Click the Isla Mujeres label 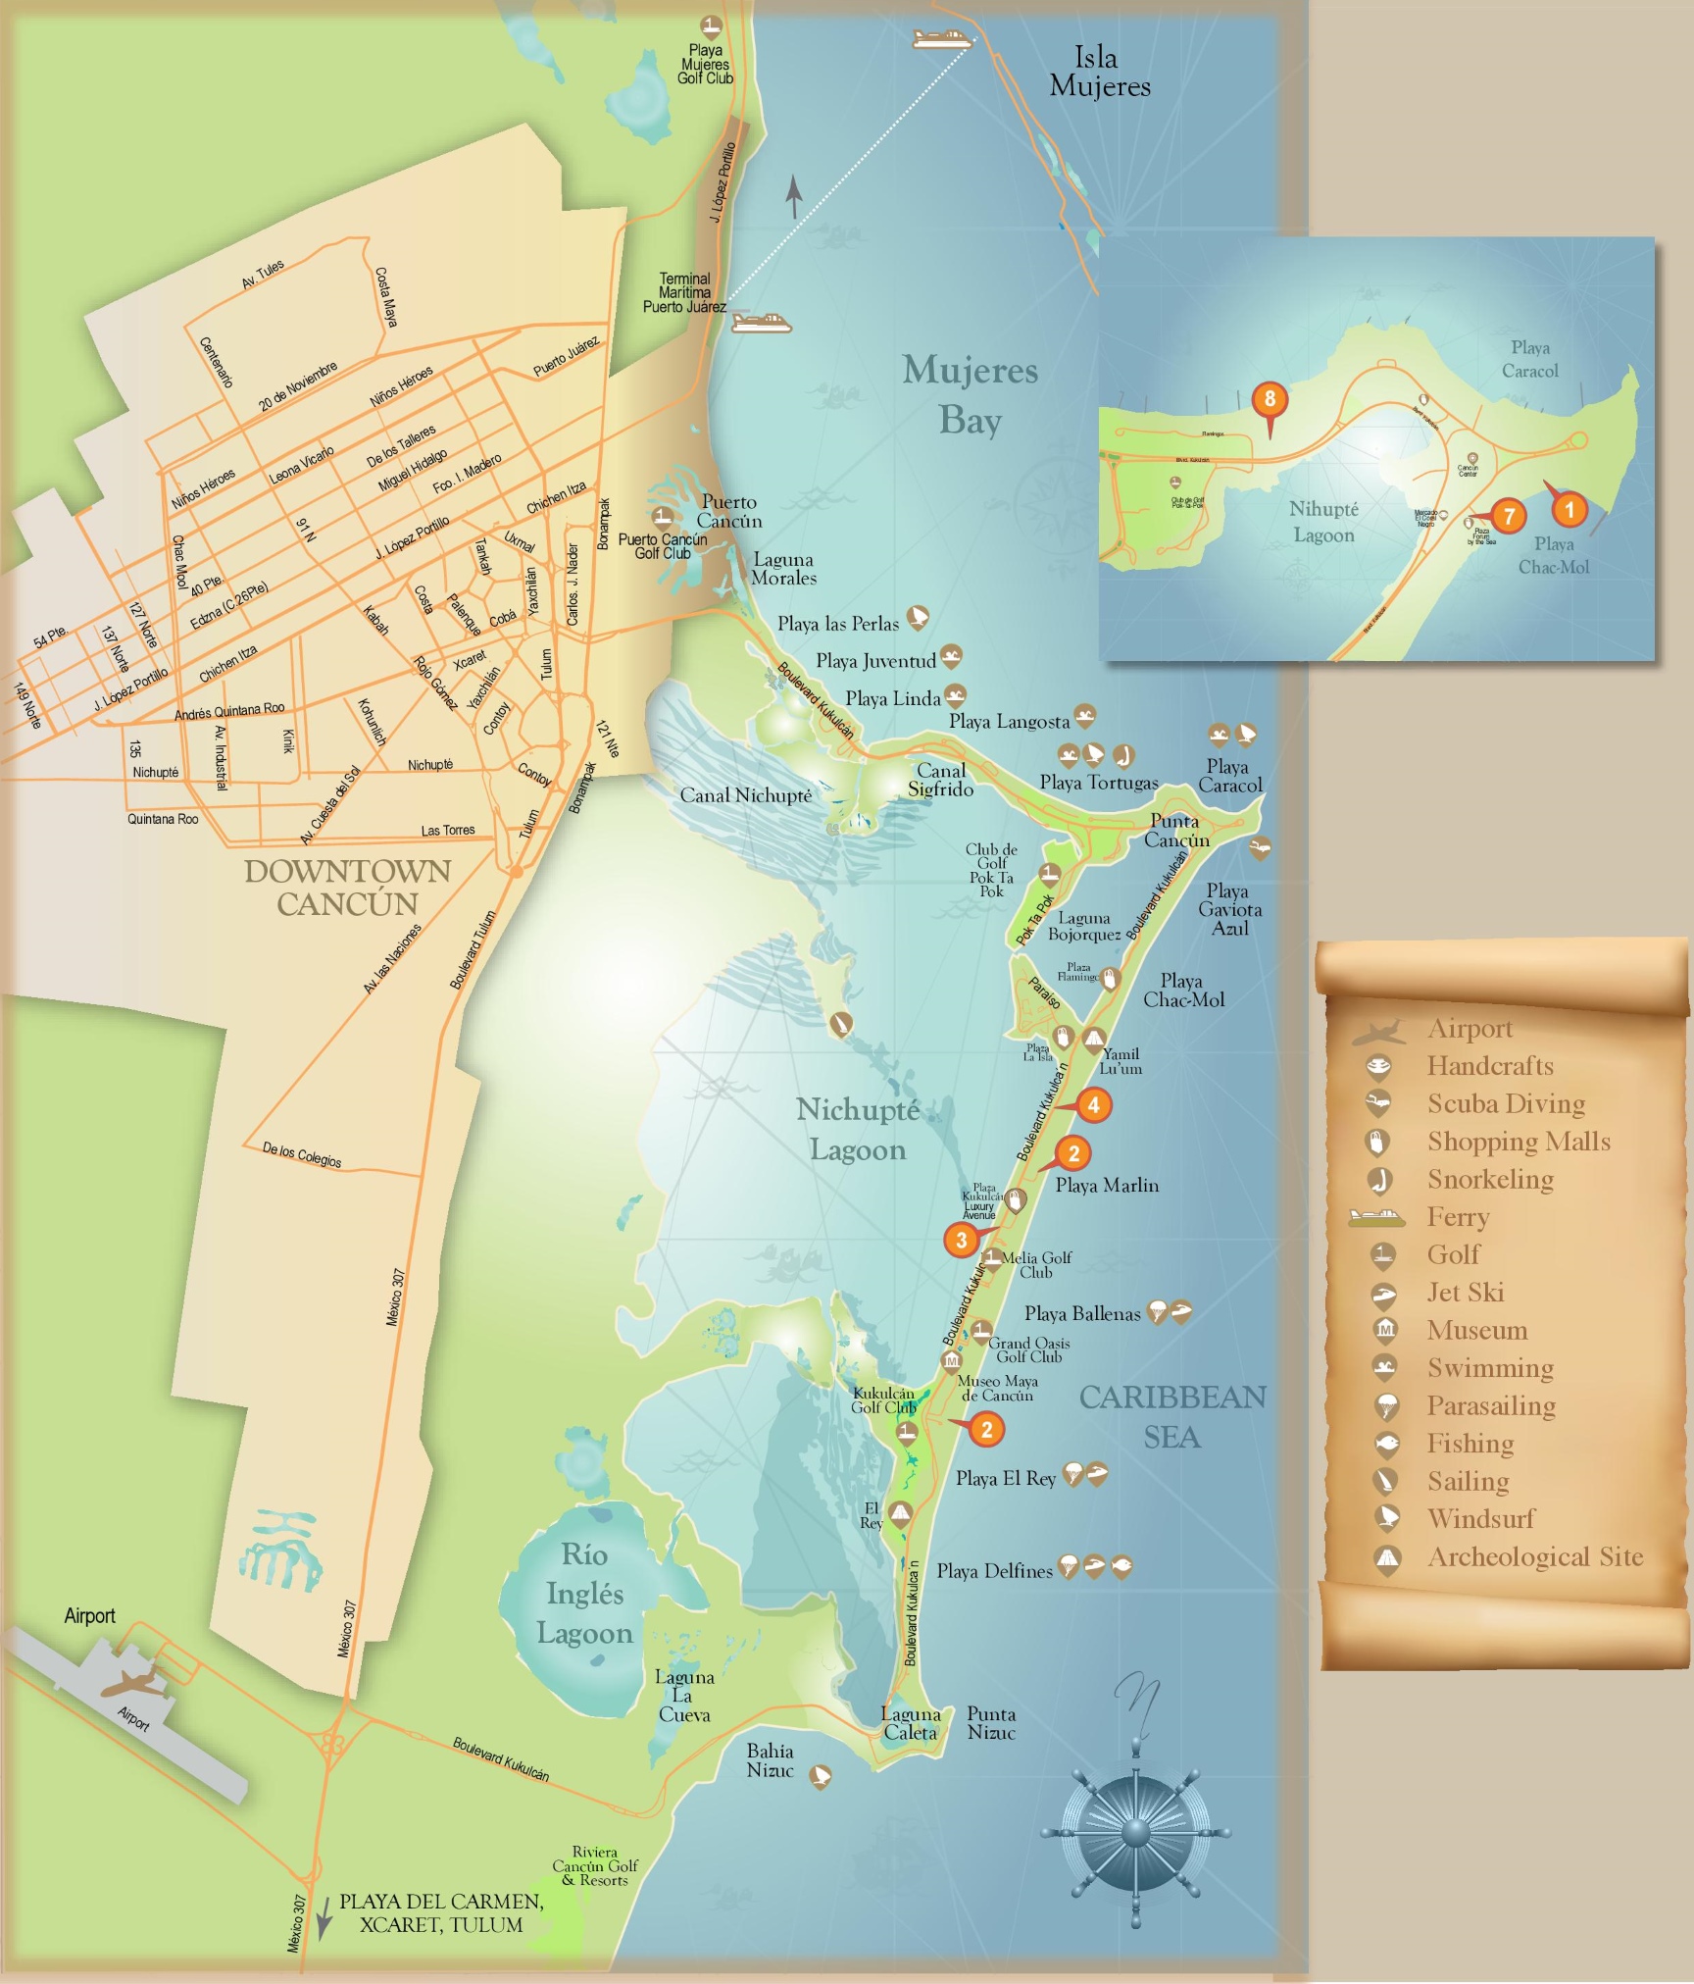pyautogui.click(x=1099, y=72)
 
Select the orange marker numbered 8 pyautogui.click(x=1270, y=399)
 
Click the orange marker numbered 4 pyautogui.click(x=1093, y=1105)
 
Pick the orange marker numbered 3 pyautogui.click(x=961, y=1240)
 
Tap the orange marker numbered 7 pyautogui.click(x=1509, y=516)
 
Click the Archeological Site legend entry pyautogui.click(x=1534, y=1557)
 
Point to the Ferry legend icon pyautogui.click(x=1377, y=1218)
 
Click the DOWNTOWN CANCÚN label pyautogui.click(x=347, y=887)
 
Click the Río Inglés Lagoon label pyautogui.click(x=584, y=1594)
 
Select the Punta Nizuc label pyautogui.click(x=991, y=1723)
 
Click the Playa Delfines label pyautogui.click(x=993, y=1571)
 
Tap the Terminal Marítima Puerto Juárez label pyautogui.click(x=684, y=293)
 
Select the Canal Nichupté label pyautogui.click(x=745, y=795)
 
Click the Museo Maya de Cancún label pyautogui.click(x=997, y=1388)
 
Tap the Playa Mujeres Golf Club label pyautogui.click(x=705, y=65)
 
